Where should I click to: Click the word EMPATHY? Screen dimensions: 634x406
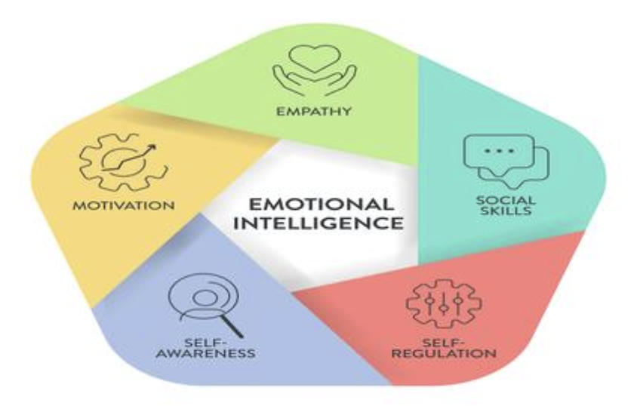[x=314, y=111]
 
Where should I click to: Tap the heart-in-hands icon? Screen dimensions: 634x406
[x=314, y=69]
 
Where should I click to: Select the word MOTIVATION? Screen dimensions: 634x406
[x=124, y=205]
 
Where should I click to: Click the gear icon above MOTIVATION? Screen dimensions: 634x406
[x=123, y=162]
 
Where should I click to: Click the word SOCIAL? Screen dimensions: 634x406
[x=505, y=200]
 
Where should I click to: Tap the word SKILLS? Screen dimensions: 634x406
[x=506, y=211]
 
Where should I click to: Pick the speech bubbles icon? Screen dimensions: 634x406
[x=506, y=161]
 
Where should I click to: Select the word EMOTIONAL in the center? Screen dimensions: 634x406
[x=322, y=205]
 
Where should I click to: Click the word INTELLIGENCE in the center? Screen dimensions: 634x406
[x=319, y=223]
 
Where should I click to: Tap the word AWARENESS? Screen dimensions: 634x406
[x=206, y=353]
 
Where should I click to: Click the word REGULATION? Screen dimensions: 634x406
[x=445, y=353]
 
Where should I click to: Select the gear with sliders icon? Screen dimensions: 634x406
[x=444, y=303]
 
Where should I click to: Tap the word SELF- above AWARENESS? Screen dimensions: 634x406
[x=205, y=343]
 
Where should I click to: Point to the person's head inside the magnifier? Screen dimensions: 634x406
[x=202, y=297]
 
